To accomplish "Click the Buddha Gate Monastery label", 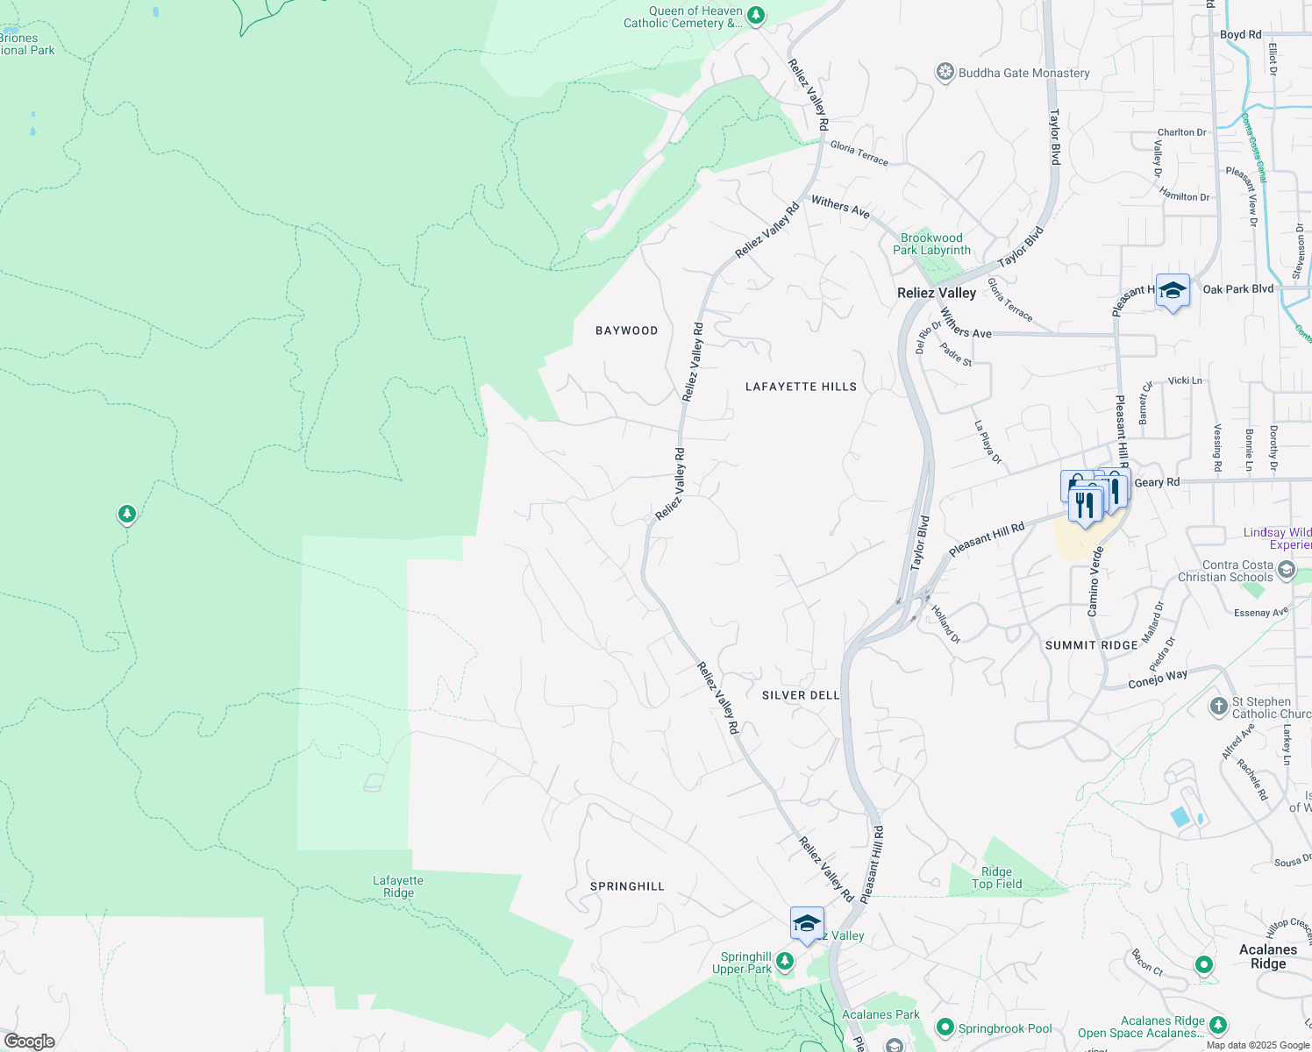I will pos(1023,73).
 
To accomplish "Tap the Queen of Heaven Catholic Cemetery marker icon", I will pos(756,16).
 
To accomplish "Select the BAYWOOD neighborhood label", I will pos(626,331).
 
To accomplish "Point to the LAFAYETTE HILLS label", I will pos(801,387).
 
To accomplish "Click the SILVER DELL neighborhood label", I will pos(801,695).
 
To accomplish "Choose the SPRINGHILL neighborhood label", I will pos(627,886).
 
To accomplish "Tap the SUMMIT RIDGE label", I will pos(1091,645).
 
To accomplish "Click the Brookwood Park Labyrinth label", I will pos(931,244).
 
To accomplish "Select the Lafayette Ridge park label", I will pos(398,886).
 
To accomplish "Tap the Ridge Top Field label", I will pos(996,878).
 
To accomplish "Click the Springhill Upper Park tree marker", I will pos(785,962).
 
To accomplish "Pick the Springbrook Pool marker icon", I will pos(945,1027).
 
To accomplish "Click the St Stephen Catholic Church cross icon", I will pos(1218,706).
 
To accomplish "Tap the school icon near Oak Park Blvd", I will pos(1173,291).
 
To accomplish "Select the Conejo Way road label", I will pos(1158,679).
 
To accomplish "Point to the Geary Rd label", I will pos(1157,482).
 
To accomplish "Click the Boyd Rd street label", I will pos(1240,35).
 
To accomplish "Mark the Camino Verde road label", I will pos(1095,582).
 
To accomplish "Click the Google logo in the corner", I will pos(30,1041).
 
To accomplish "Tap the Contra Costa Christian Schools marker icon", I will pos(1287,571).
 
